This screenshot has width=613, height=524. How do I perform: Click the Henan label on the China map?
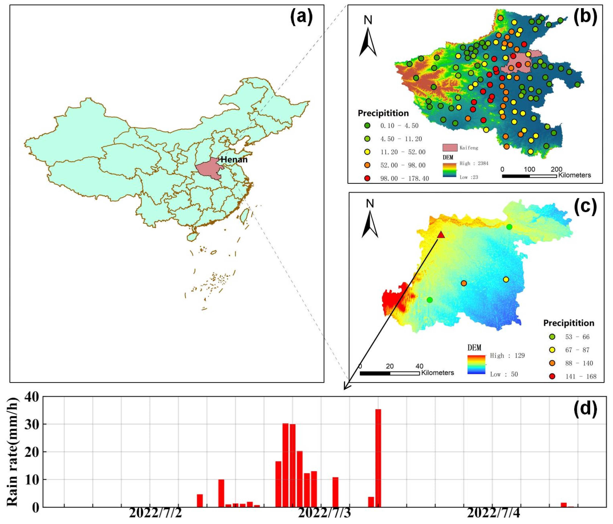point(234,160)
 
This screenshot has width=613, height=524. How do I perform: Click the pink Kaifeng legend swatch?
point(450,147)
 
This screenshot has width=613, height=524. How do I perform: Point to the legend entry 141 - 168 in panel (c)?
point(580,377)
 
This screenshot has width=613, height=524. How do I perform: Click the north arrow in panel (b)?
point(368,41)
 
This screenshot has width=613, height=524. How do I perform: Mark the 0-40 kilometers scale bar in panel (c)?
point(390,373)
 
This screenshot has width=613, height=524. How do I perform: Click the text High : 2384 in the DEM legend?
point(474,163)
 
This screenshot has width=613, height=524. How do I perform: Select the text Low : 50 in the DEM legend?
point(504,374)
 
